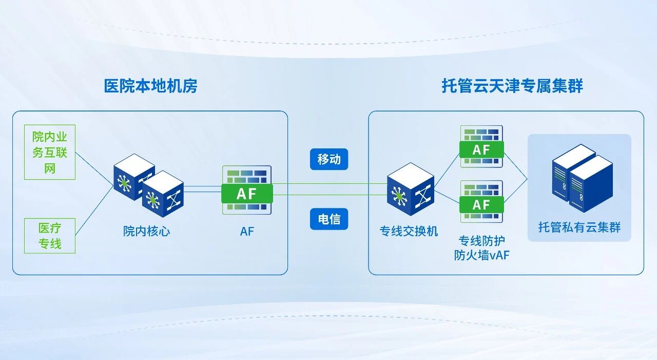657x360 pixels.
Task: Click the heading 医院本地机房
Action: click(x=150, y=86)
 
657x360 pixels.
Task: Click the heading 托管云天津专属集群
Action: click(x=512, y=86)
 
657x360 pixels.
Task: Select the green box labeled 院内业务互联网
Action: click(x=50, y=152)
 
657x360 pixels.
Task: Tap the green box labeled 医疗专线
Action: click(x=50, y=236)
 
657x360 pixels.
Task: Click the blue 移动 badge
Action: click(x=329, y=159)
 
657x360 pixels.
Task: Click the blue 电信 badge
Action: click(x=329, y=219)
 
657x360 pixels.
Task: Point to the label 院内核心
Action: click(x=146, y=231)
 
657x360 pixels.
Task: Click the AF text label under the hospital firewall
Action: click(x=247, y=231)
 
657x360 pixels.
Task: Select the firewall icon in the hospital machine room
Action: click(x=247, y=191)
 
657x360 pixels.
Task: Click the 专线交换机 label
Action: click(x=409, y=231)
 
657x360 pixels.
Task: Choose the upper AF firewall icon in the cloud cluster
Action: click(x=481, y=146)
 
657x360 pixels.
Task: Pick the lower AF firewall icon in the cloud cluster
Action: click(x=481, y=201)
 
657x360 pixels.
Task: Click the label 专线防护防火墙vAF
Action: click(x=481, y=248)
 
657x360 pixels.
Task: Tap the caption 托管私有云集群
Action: click(x=579, y=227)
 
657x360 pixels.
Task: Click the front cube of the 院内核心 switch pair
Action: click(x=162, y=194)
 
